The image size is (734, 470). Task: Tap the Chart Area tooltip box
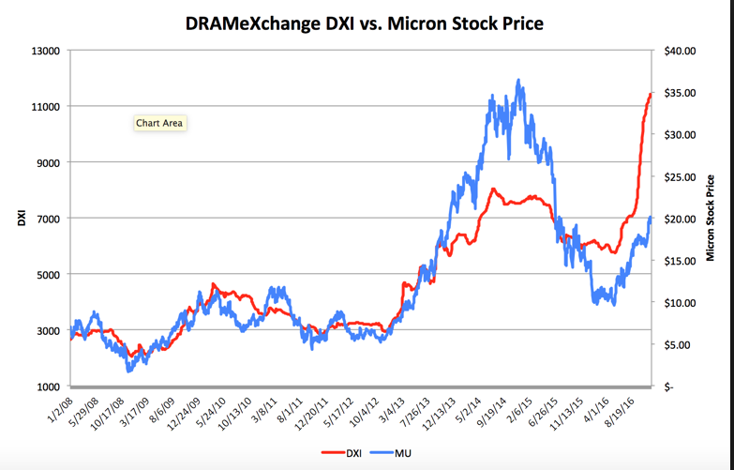(159, 123)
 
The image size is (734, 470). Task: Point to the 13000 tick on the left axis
(46, 51)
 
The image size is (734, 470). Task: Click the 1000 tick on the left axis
(49, 387)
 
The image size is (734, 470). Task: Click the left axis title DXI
(20, 220)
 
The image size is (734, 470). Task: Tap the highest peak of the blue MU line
(518, 81)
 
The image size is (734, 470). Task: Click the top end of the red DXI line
(651, 94)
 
